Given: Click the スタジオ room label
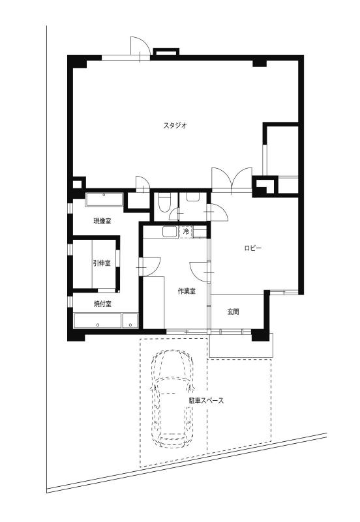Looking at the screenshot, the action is pyautogui.click(x=175, y=126).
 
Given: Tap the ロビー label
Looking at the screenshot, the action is pyautogui.click(x=253, y=248).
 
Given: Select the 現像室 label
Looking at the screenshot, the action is pyautogui.click(x=102, y=221).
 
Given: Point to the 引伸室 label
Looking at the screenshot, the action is pyautogui.click(x=102, y=263).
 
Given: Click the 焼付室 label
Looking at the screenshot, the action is pyautogui.click(x=102, y=304).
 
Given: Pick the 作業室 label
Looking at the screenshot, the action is pyautogui.click(x=187, y=291).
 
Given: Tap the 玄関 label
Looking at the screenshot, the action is pyautogui.click(x=233, y=312).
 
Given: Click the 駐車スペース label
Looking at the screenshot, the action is pyautogui.click(x=207, y=401).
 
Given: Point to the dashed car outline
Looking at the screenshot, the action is pyautogui.click(x=172, y=399).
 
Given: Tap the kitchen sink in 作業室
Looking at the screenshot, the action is pyautogui.click(x=170, y=232).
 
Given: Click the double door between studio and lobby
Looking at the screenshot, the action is pyautogui.click(x=232, y=181).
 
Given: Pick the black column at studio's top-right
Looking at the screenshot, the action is pyautogui.click(x=260, y=63).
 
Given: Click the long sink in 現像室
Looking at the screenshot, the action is pyautogui.click(x=104, y=199).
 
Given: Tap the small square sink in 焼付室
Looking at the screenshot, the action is pyautogui.click(x=130, y=321).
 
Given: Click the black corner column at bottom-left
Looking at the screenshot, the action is pyautogui.click(x=76, y=334).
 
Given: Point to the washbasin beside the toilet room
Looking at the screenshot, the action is pyautogui.click(x=193, y=197).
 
